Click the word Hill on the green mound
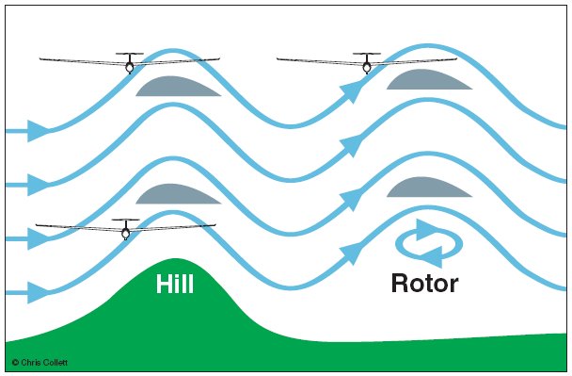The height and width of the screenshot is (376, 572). coord(175,284)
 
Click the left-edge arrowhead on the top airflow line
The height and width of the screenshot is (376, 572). coord(38,130)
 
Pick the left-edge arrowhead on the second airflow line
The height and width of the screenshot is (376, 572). coord(38,184)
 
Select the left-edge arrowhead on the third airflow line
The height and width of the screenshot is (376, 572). coord(38,238)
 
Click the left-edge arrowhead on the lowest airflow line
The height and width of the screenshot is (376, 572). coord(38,292)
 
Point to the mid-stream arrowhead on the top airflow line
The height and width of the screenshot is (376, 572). coord(351,90)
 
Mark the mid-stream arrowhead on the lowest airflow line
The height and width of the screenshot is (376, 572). coord(351,252)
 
